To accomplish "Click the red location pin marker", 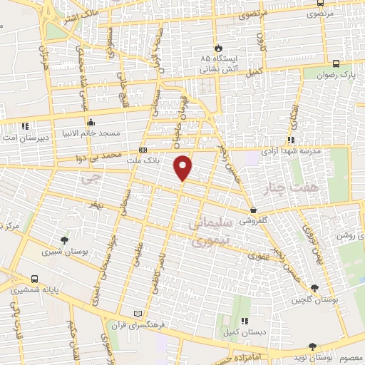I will coord(183,166).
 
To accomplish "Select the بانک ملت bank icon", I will coord(143,150).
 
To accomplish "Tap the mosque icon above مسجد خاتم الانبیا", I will coord(90,121).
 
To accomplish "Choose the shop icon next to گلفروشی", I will coord(254,210).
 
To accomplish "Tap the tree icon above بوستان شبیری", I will coord(65,240).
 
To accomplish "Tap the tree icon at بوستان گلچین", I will coord(314,288).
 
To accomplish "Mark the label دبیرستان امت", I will coord(24,135).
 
